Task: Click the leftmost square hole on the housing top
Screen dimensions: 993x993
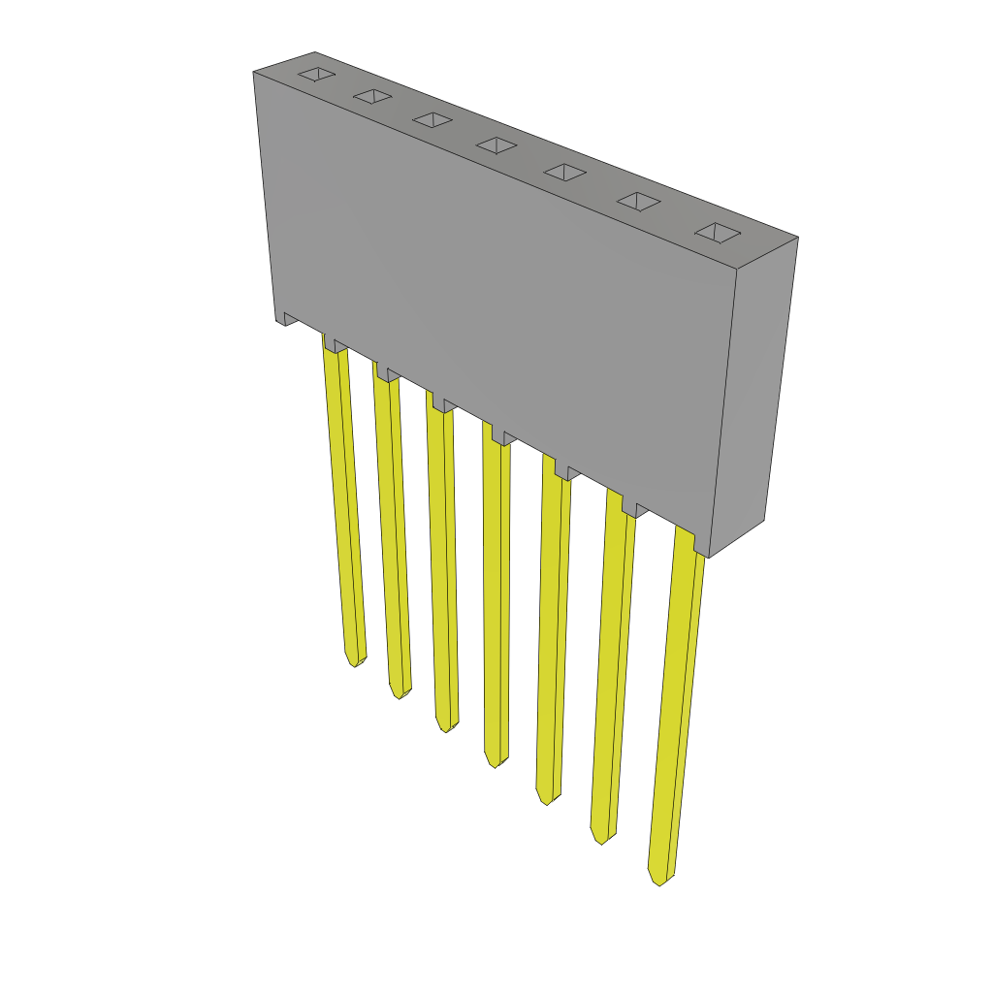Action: (316, 74)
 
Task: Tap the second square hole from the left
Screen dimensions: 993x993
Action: (372, 96)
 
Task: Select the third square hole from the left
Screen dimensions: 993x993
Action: (432, 119)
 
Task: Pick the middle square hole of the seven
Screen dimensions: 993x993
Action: (496, 144)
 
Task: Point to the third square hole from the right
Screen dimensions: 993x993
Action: (564, 172)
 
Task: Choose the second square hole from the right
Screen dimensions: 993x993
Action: (639, 201)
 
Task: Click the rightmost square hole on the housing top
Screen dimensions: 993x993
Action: (718, 233)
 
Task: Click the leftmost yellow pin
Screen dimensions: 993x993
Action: (344, 504)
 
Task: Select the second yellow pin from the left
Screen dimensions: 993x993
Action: (392, 533)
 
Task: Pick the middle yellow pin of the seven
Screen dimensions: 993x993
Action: (496, 601)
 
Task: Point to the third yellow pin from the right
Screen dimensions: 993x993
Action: (552, 630)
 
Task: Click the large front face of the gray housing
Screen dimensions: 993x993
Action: (495, 291)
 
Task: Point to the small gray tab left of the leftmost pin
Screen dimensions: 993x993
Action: (290, 318)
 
